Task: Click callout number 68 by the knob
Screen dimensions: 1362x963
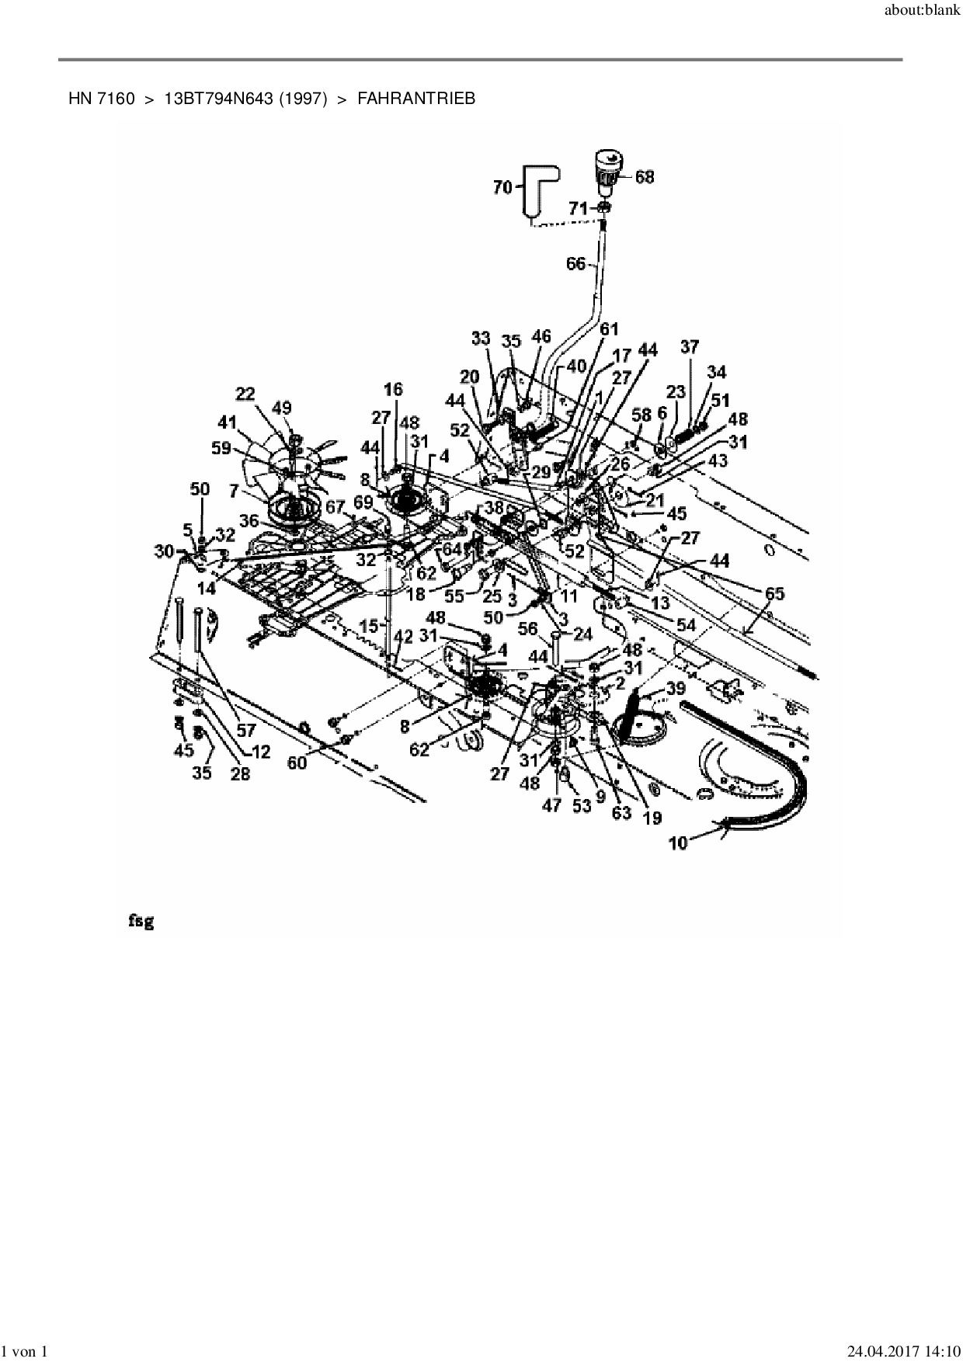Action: click(644, 177)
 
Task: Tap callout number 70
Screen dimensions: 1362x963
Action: click(503, 186)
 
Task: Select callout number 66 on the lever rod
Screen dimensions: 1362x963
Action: click(575, 265)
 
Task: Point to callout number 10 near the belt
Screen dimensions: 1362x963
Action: click(678, 843)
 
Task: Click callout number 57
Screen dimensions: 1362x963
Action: click(246, 730)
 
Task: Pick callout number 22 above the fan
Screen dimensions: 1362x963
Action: click(245, 394)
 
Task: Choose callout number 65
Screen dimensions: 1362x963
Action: click(774, 594)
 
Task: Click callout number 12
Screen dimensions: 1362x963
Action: click(260, 751)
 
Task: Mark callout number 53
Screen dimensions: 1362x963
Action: click(582, 805)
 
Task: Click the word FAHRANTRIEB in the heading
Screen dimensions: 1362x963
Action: click(416, 99)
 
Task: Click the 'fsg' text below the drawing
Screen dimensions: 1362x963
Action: click(141, 922)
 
